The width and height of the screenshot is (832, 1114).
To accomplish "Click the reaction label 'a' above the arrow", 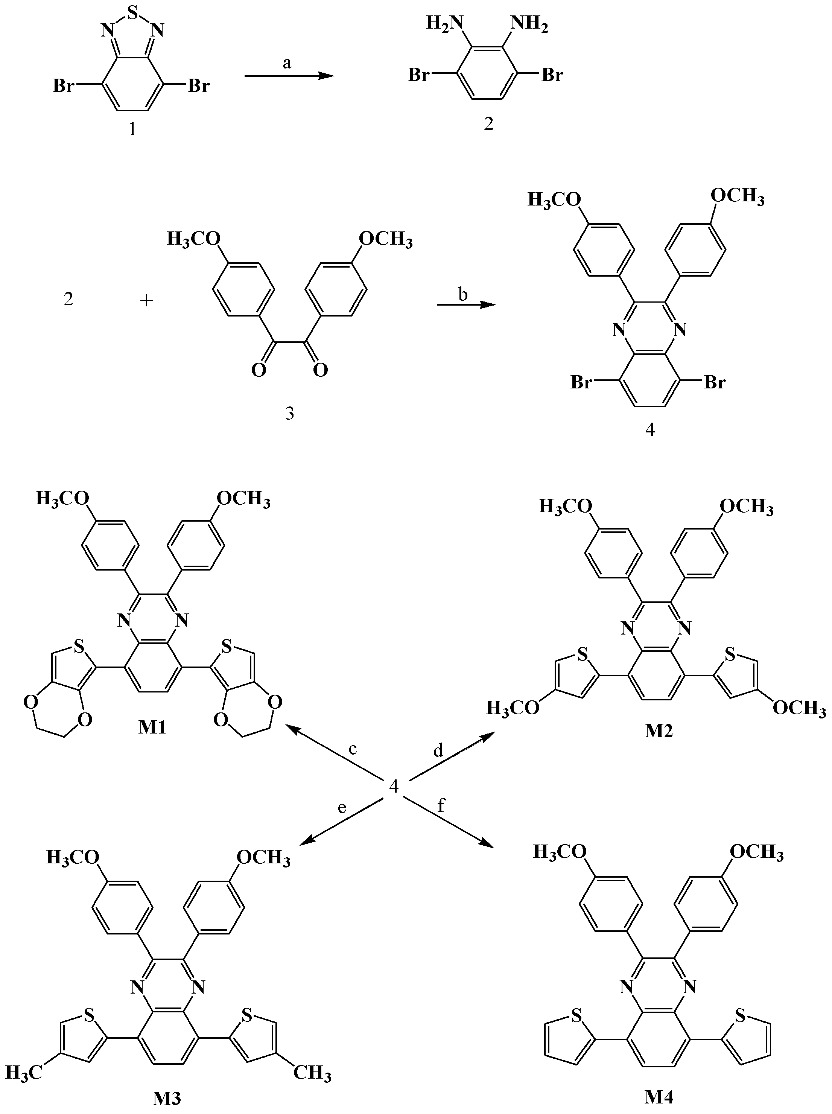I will click(x=287, y=62).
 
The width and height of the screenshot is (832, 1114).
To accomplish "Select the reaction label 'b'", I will click(x=463, y=294).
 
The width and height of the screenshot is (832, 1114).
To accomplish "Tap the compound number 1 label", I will click(x=132, y=130).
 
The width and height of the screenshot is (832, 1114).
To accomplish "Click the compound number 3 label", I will click(x=290, y=414).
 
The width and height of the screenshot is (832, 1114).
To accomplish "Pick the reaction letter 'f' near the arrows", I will click(x=441, y=806).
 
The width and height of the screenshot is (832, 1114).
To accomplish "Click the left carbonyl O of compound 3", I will click(x=259, y=371).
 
